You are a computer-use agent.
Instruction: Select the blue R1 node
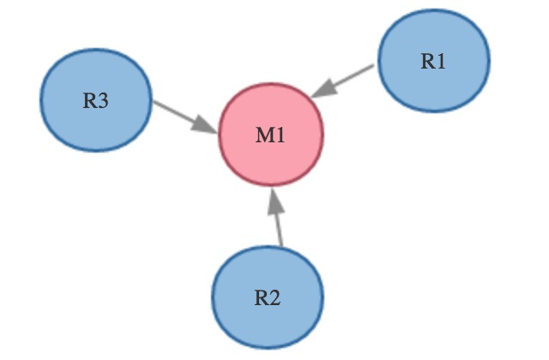(434, 60)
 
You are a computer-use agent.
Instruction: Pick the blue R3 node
(96, 99)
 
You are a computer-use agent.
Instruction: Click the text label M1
(271, 135)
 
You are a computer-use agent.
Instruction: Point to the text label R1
(434, 61)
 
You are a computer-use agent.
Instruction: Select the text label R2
(268, 299)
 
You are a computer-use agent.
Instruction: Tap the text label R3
(95, 100)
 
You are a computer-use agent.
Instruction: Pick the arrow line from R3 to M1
(176, 112)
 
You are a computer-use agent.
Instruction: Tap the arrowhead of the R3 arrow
(203, 123)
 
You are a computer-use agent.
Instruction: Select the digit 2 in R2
(274, 299)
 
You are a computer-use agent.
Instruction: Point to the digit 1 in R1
(441, 61)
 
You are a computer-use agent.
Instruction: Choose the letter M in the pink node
(265, 135)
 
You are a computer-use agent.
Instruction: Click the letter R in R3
(89, 100)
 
